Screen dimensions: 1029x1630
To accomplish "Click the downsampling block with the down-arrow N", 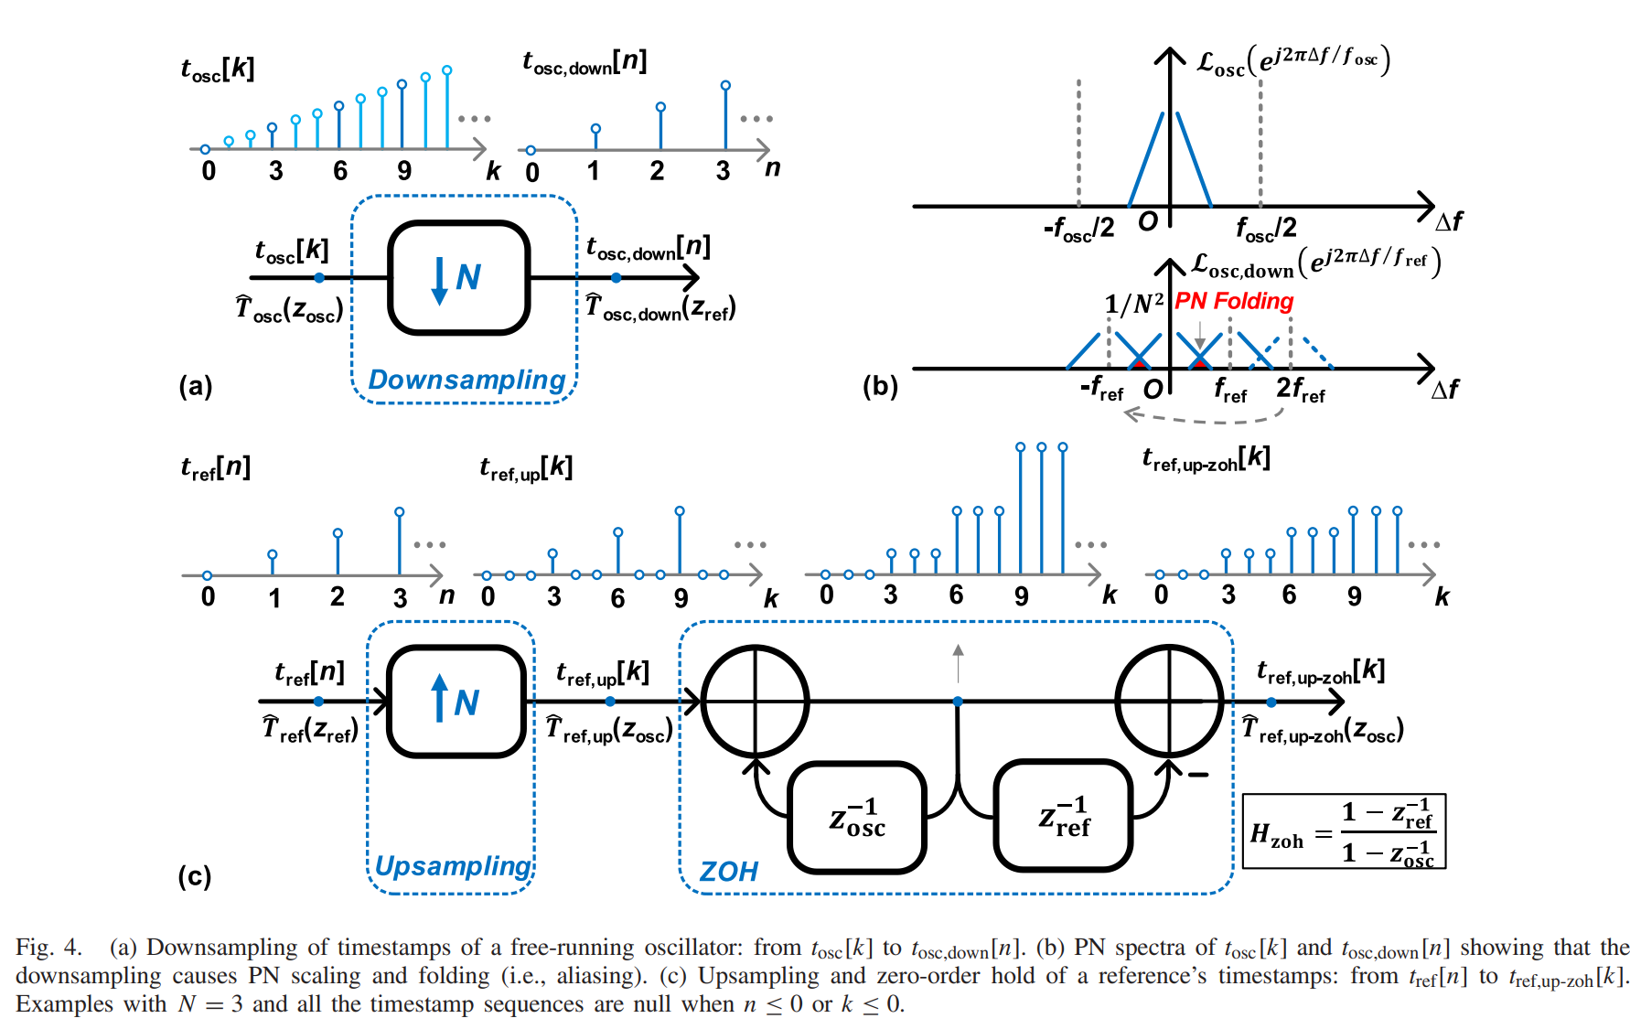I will click(x=459, y=277).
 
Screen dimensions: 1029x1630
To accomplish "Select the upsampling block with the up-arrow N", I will click(x=456, y=702).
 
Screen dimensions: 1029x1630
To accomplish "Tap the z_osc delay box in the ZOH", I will click(x=857, y=817).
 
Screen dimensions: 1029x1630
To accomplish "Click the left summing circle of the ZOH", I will click(x=755, y=702).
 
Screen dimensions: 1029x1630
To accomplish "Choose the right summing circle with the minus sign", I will click(x=1169, y=702).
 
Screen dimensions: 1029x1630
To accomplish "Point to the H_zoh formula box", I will click(x=1344, y=831).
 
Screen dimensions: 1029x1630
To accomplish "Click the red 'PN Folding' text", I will click(x=1234, y=301).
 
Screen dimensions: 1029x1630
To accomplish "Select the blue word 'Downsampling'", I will click(x=466, y=380).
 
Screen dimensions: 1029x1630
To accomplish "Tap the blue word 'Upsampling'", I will click(x=453, y=865).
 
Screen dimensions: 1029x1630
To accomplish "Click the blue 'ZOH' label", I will click(x=728, y=871).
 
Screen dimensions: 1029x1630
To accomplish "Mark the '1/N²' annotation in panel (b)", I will click(x=1133, y=303).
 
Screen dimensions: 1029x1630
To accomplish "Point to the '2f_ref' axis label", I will click(x=1300, y=390).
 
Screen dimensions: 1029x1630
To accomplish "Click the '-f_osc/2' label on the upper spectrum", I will click(x=1079, y=228).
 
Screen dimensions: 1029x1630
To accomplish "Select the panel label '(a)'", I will click(x=196, y=386).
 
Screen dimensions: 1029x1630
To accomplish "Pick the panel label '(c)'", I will click(x=195, y=876).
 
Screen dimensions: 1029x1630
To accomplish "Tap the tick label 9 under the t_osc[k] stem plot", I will click(x=404, y=171).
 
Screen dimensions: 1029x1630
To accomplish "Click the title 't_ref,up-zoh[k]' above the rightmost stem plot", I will click(x=1206, y=458).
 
